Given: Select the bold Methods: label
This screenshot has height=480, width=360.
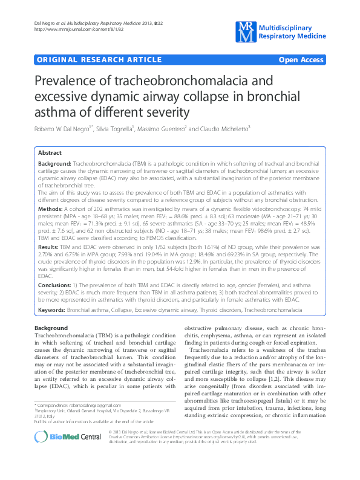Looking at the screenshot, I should tap(51, 207).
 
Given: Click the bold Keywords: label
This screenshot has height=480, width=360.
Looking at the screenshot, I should tap(52, 310).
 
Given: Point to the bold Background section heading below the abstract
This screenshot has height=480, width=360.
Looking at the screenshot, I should tap(51, 328).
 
